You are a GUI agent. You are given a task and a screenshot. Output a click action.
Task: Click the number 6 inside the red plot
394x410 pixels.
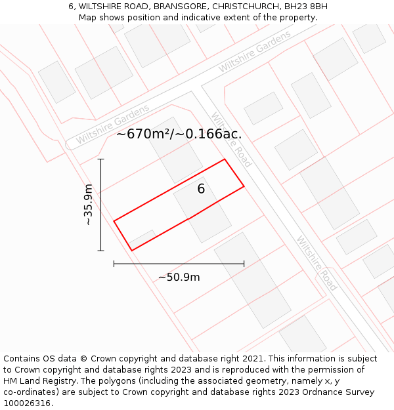coord(201,189)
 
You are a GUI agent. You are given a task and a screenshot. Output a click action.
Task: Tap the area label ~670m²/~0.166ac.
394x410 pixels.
coord(179,134)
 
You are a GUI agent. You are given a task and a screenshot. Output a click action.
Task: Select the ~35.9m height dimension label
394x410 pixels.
coord(88,205)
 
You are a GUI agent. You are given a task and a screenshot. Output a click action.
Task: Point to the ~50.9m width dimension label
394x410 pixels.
coord(179,277)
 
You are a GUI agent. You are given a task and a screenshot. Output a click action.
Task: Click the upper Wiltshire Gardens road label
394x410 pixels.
coord(255,52)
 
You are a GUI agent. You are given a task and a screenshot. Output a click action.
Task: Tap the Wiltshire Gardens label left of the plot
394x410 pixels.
coord(112,125)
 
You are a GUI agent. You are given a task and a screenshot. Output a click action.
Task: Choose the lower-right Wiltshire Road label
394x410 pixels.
coord(317,263)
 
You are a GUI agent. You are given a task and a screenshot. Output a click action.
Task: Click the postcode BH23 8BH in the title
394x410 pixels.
coord(304,7)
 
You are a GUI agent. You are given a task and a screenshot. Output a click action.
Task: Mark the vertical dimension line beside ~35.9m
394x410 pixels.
coord(100,205)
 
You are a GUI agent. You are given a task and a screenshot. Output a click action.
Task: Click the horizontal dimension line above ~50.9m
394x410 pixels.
coord(179,264)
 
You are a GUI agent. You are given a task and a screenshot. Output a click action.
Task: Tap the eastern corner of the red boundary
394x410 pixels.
coord(244,186)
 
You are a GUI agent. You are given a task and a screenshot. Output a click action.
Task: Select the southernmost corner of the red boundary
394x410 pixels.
coord(132,250)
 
